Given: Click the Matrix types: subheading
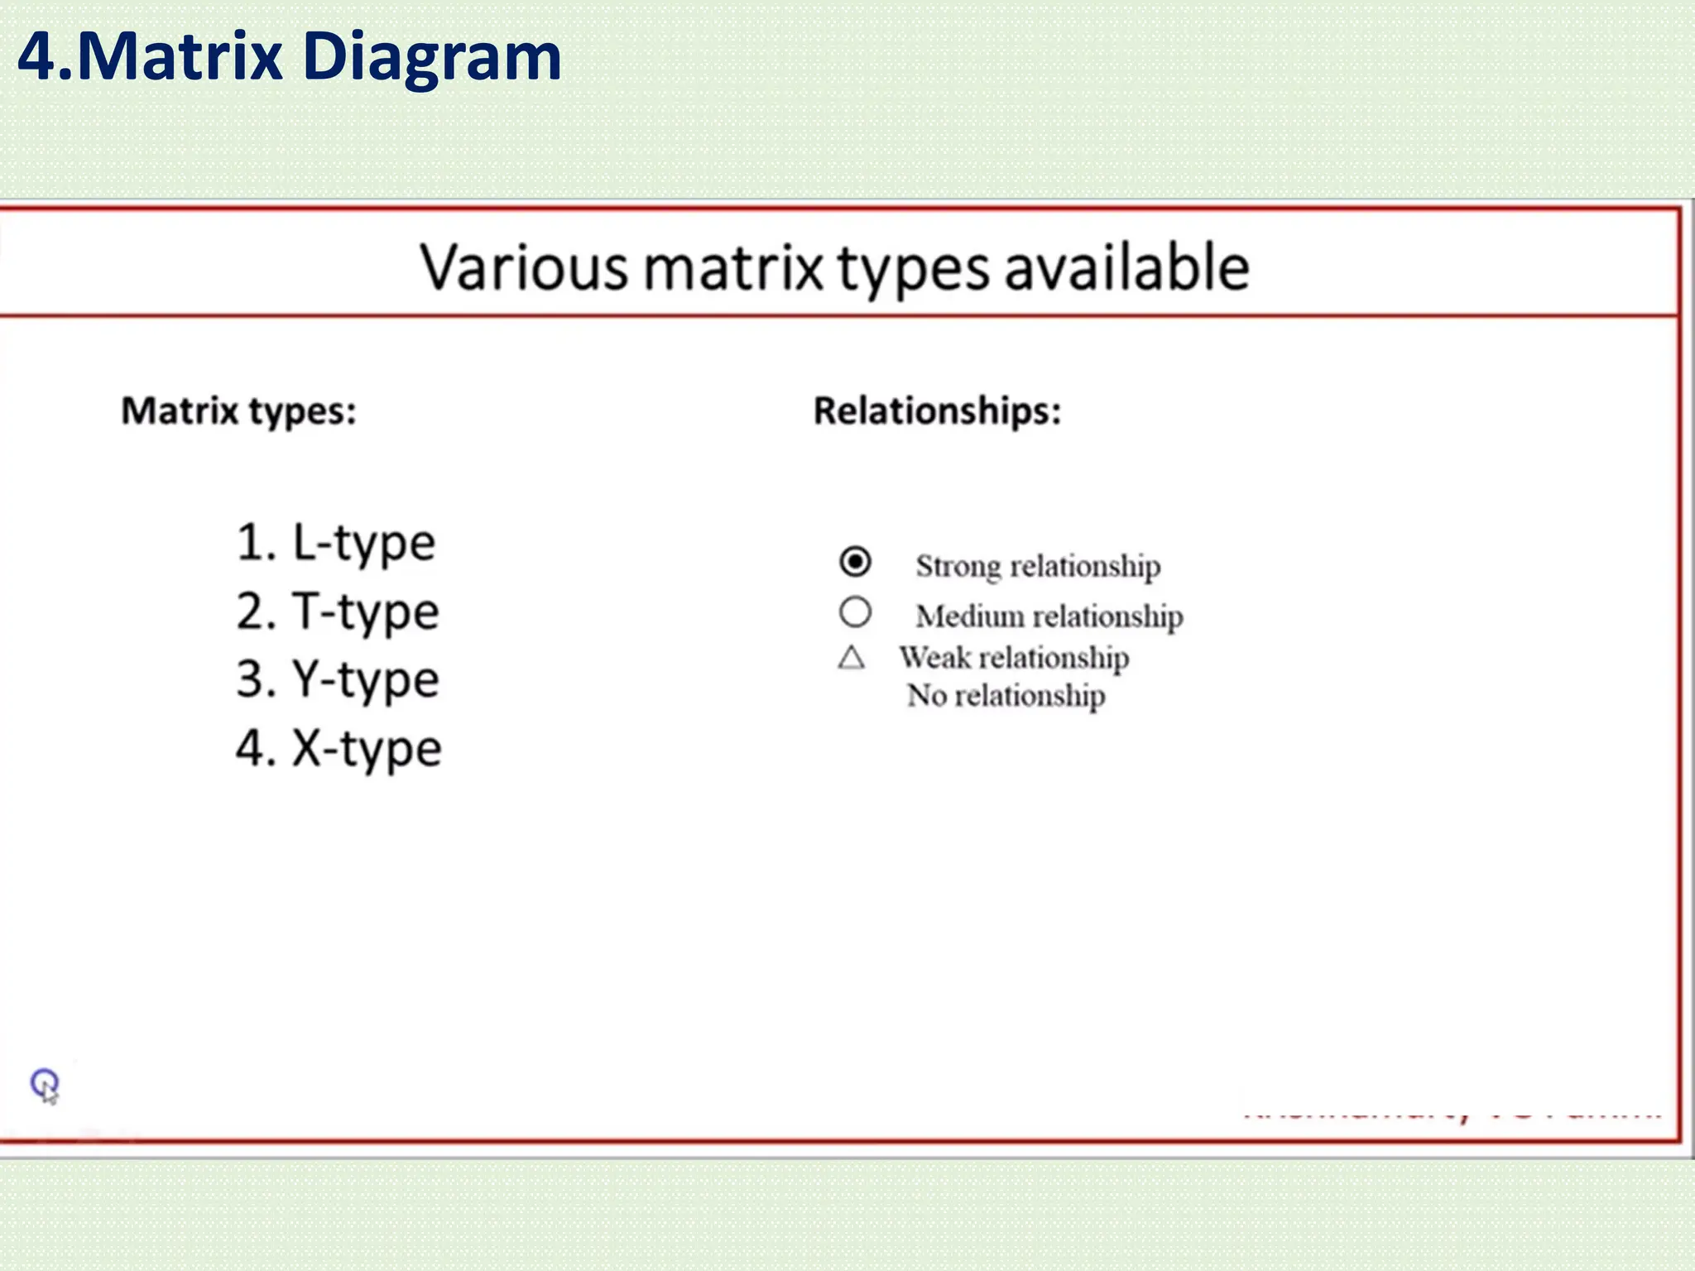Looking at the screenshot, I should click(238, 411).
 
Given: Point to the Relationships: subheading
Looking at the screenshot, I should click(937, 411).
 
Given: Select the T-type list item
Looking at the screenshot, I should click(338, 613).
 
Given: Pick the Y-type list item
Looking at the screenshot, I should click(338, 681).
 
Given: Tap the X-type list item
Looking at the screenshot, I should click(339, 750).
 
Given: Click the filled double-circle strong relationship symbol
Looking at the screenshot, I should click(855, 562).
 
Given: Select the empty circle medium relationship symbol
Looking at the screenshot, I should click(855, 612).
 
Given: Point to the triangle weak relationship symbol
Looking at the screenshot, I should click(852, 658).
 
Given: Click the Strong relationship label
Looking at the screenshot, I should click(1038, 567).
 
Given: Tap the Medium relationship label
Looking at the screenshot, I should click(1049, 616).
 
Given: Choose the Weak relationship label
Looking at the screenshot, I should click(1015, 658).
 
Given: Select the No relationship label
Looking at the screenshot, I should click(1006, 696).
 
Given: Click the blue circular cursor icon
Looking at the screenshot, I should click(45, 1083).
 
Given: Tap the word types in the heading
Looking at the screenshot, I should click(913, 270).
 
